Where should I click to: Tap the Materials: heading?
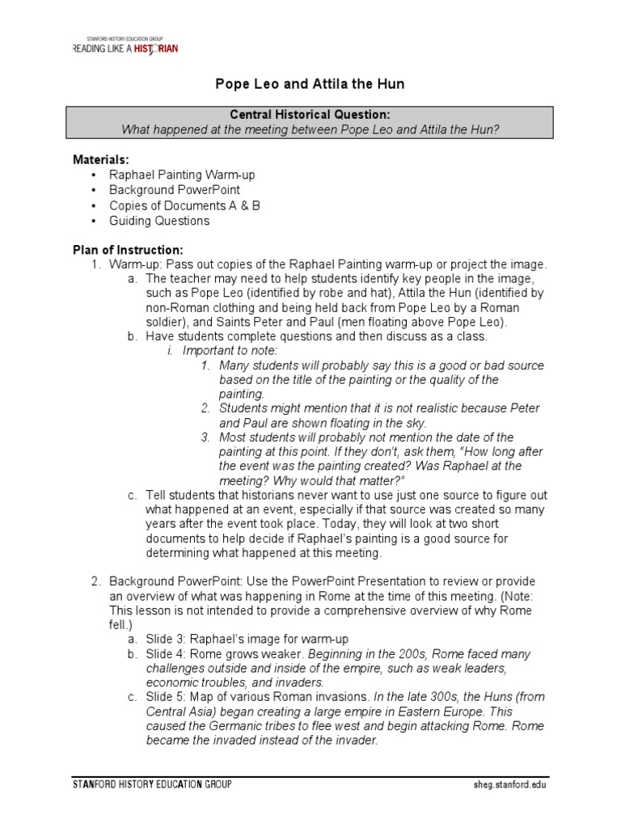(101, 160)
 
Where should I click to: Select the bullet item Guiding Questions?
(159, 220)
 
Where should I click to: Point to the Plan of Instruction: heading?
(129, 250)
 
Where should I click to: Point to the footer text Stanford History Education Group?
(151, 785)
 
